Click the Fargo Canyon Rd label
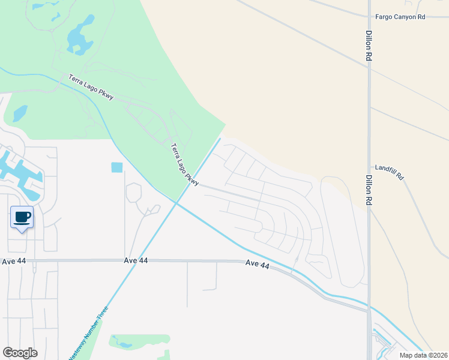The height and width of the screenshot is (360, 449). pyautogui.click(x=400, y=17)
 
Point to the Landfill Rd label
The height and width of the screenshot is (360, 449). pyautogui.click(x=390, y=172)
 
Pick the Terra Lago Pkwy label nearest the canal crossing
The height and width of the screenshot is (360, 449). pyautogui.click(x=184, y=164)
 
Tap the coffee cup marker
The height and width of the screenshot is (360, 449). pyautogui.click(x=22, y=217)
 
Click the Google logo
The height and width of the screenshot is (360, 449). pyautogui.click(x=20, y=353)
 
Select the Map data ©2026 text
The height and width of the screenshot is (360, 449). pyautogui.click(x=423, y=355)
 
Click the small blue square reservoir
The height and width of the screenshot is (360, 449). pyautogui.click(x=116, y=167)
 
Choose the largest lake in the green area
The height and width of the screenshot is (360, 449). pyautogui.click(x=80, y=36)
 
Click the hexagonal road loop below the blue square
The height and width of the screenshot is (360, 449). pyautogui.click(x=133, y=192)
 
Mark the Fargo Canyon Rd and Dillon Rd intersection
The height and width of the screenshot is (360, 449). pyautogui.click(x=368, y=17)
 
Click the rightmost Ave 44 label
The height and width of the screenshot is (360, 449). pyautogui.click(x=257, y=263)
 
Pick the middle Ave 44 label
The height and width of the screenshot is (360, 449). pyautogui.click(x=136, y=260)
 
